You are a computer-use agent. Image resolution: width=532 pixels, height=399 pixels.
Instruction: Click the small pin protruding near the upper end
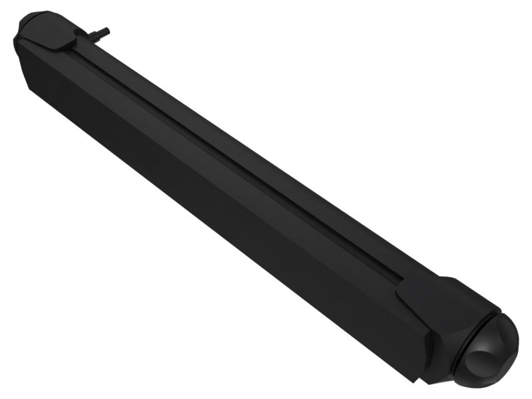click(x=98, y=33)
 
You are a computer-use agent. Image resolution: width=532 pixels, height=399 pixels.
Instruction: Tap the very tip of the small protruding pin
click(x=107, y=30)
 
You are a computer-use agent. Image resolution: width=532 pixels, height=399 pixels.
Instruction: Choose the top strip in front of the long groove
click(x=219, y=166)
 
